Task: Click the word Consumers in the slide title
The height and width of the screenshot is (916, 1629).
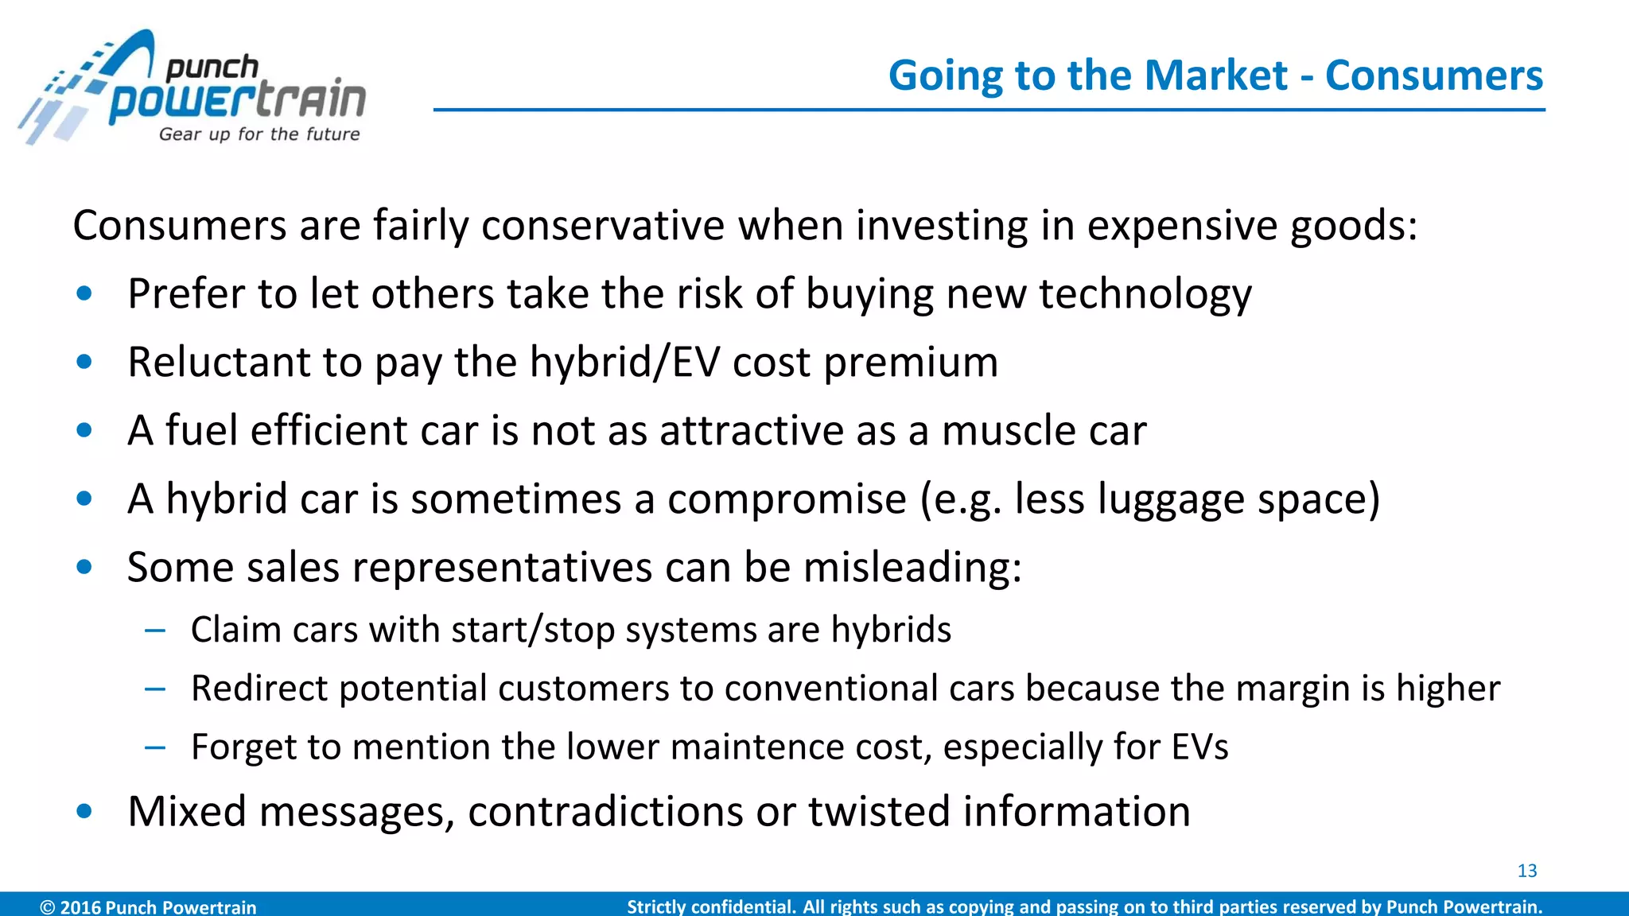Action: (x=1433, y=76)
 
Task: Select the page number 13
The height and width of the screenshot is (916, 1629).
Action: (x=1526, y=871)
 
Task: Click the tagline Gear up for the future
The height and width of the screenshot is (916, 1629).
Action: (x=259, y=134)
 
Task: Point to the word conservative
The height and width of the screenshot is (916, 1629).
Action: (x=602, y=226)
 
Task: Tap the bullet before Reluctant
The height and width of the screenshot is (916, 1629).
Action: (x=84, y=363)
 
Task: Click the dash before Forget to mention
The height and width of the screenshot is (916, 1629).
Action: (x=155, y=747)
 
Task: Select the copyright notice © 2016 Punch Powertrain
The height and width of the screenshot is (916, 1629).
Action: (x=148, y=906)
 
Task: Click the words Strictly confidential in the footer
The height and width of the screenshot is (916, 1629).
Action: (x=711, y=906)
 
